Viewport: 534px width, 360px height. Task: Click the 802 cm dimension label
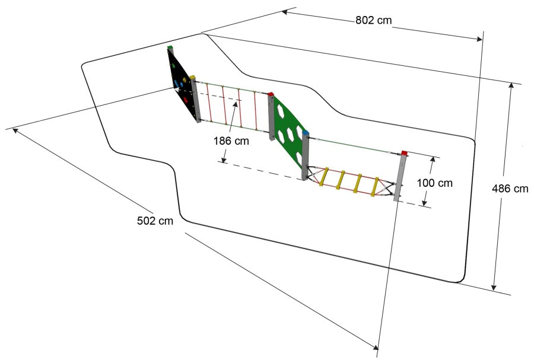pos(374,20)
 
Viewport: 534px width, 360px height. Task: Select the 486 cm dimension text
pos(510,189)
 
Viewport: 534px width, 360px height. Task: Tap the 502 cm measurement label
pos(155,221)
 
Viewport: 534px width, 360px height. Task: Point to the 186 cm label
pos(231,141)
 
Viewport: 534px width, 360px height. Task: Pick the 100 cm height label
pos(435,183)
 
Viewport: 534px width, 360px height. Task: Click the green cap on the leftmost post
pos(170,47)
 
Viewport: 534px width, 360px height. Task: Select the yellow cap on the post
pos(193,77)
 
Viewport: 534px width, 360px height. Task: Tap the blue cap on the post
pos(306,132)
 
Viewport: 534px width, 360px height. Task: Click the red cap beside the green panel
pos(271,94)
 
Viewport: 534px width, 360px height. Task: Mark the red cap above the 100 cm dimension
pos(404,153)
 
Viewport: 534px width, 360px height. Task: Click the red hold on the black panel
pos(186,100)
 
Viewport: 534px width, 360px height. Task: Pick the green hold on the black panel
pos(173,66)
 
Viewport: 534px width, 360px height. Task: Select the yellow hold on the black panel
pos(185,80)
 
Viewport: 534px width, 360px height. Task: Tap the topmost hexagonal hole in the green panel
pos(281,111)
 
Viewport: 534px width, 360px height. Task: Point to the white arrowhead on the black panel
pos(176,90)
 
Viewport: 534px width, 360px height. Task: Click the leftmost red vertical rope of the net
pos(209,102)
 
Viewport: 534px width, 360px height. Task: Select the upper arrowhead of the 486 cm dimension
pos(511,86)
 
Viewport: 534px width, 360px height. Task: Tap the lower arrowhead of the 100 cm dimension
pos(424,203)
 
